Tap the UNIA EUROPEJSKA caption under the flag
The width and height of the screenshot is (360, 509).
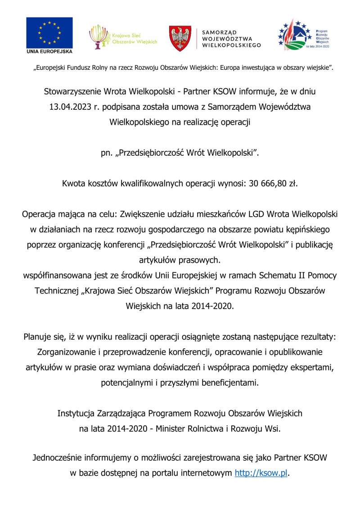(x=49, y=51)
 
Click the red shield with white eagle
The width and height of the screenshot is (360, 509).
(x=180, y=38)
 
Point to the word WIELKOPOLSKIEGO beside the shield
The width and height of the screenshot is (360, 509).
(x=231, y=45)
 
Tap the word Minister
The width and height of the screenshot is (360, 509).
(x=172, y=428)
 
